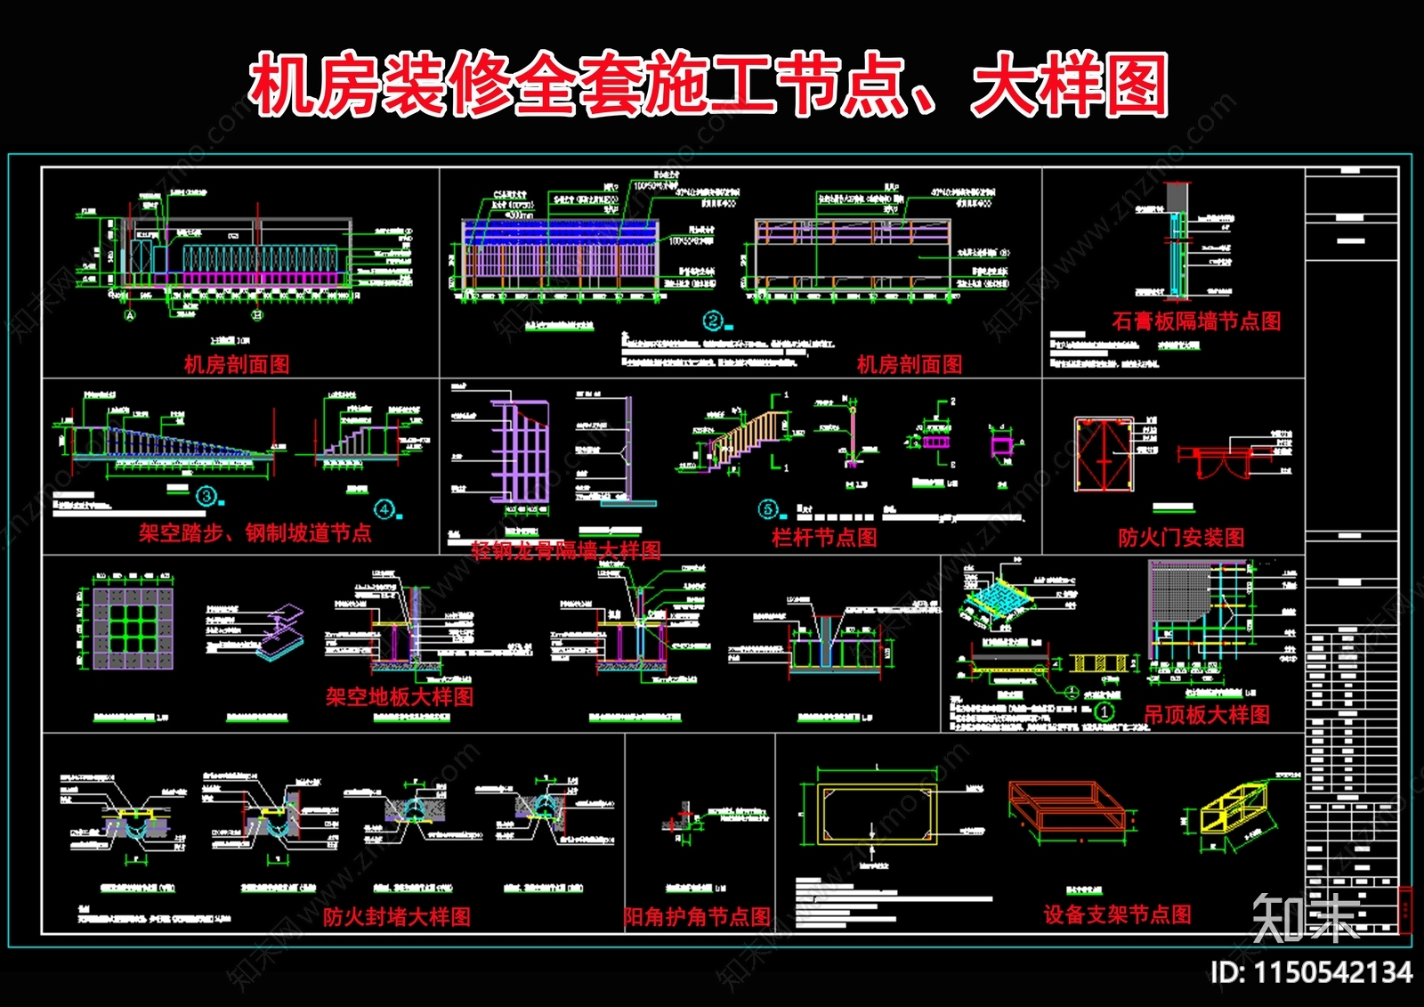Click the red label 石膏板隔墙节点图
[x=1196, y=321]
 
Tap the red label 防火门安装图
[x=1181, y=538]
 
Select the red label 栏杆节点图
[x=824, y=538]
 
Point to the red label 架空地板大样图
[x=400, y=697]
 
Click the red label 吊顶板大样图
[x=1207, y=715]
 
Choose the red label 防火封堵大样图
[x=397, y=917]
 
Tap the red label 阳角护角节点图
[x=697, y=917]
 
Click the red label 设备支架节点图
[x=1117, y=914]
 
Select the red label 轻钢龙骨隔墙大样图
[x=566, y=550]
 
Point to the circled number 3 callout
[x=206, y=496]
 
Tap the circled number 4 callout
[x=384, y=509]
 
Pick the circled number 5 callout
[x=767, y=509]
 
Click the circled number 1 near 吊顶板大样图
[x=1104, y=711]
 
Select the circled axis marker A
[x=130, y=315]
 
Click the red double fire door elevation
[x=1104, y=454]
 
